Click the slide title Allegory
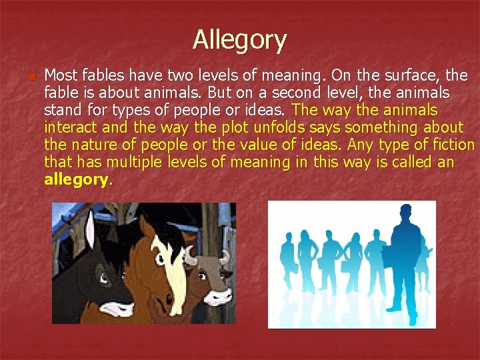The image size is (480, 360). (x=239, y=40)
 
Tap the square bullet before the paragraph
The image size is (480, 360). (x=31, y=77)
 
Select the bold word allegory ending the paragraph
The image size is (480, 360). (x=75, y=179)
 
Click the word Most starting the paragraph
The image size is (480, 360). (x=59, y=75)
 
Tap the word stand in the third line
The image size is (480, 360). (x=61, y=109)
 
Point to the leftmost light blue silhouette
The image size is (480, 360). (x=289, y=260)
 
